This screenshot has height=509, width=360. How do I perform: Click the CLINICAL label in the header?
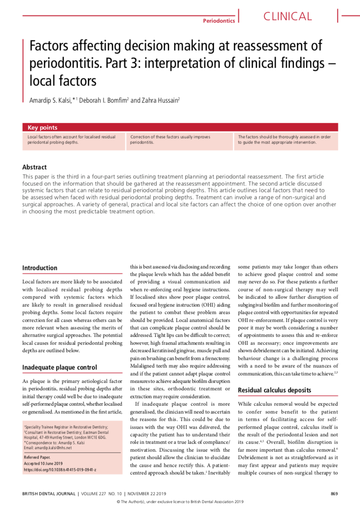click(x=287, y=17)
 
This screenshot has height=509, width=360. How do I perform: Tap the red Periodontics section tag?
click(x=219, y=21)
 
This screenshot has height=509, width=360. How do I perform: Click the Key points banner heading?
click(x=42, y=128)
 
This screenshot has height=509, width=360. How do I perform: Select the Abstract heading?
click(x=34, y=167)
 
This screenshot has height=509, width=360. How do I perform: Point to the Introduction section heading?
click(x=40, y=268)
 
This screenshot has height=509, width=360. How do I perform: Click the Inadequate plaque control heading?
click(x=59, y=367)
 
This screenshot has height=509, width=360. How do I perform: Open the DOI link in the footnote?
click(x=60, y=470)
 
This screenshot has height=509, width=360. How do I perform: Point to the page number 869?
click(x=334, y=493)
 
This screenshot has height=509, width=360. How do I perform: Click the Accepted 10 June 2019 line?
click(x=43, y=463)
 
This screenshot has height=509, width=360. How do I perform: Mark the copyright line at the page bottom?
click(x=180, y=502)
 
